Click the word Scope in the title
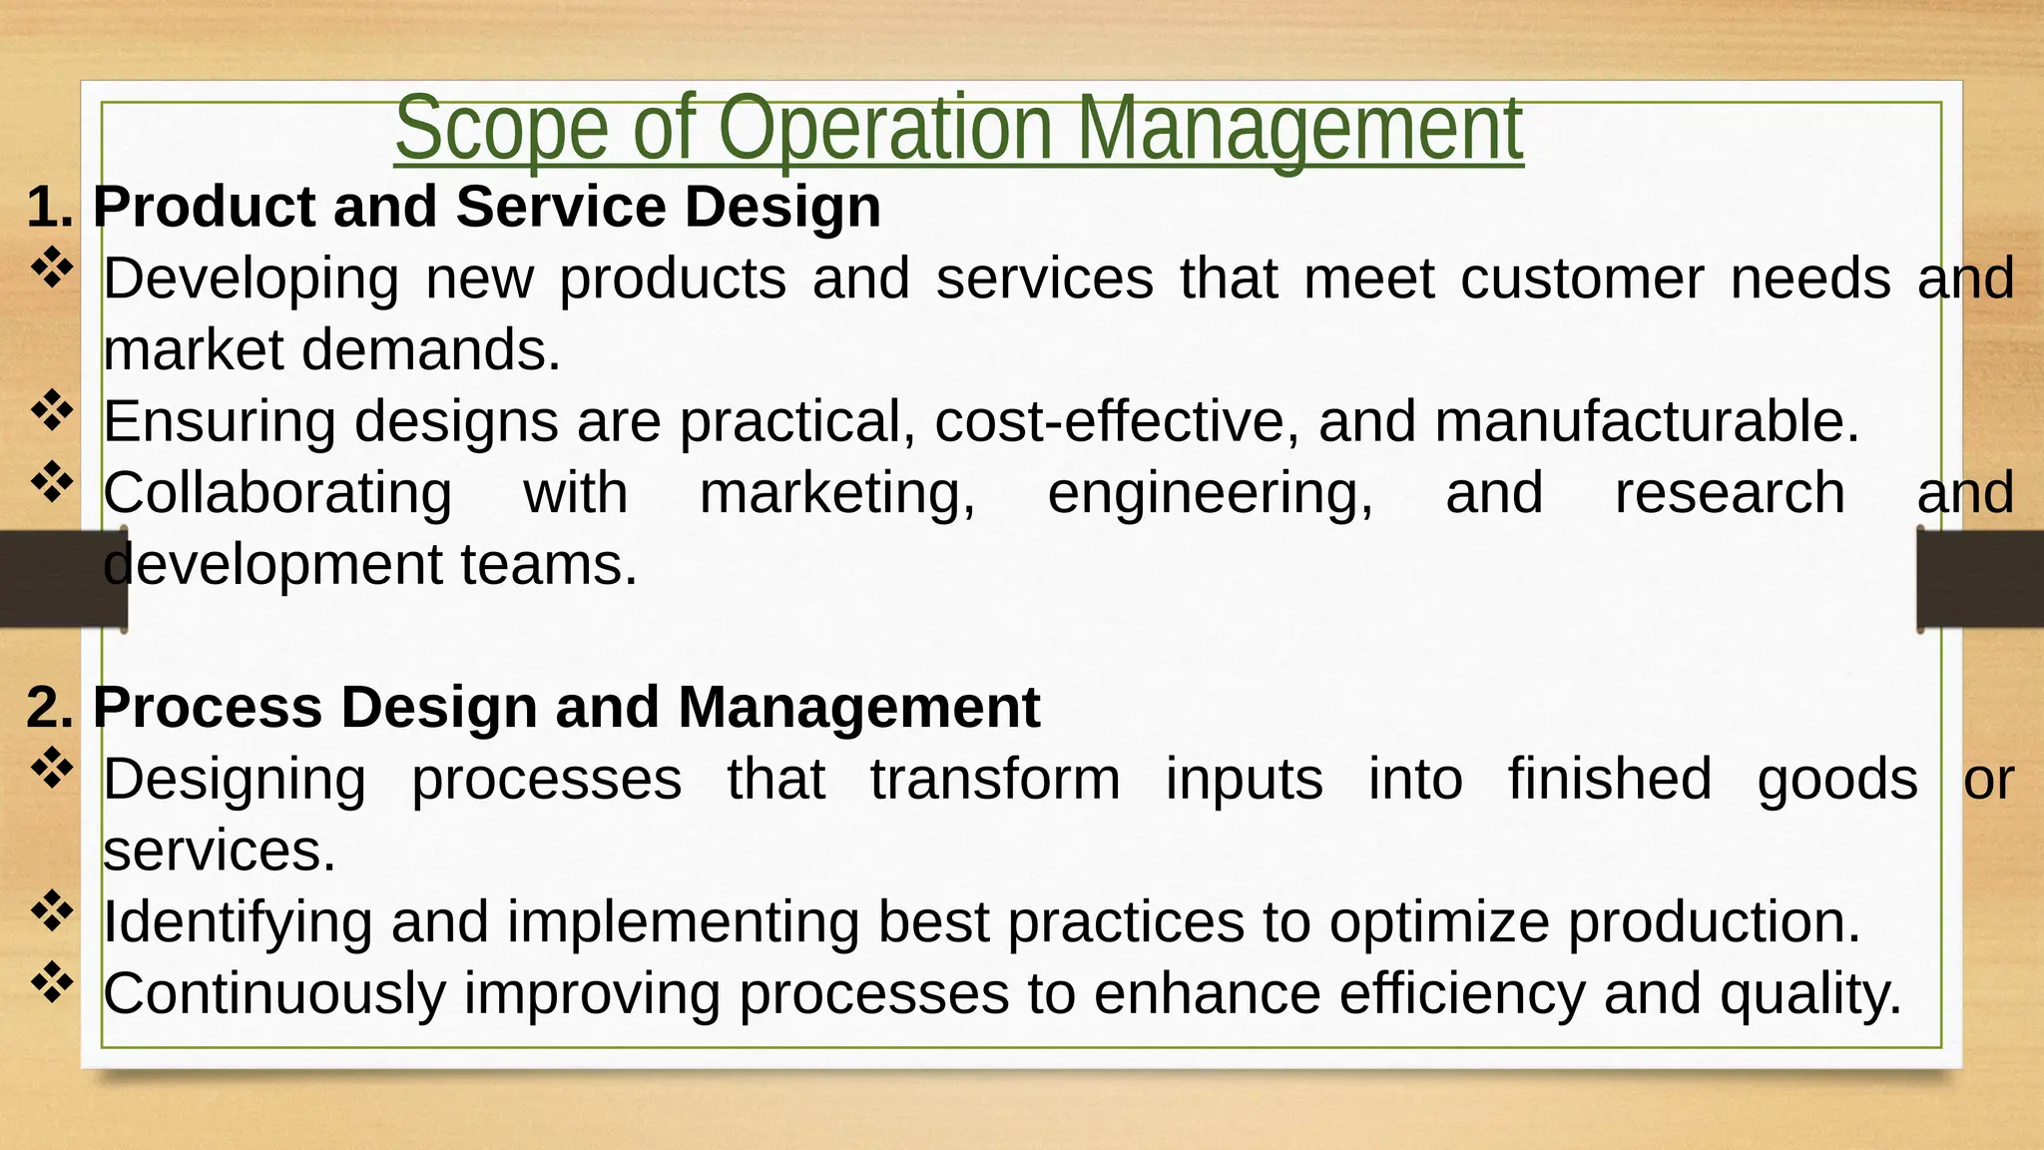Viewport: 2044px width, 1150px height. pos(501,130)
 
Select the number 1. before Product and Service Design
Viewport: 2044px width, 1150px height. pos(50,207)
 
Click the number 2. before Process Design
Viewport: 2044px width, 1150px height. pos(50,708)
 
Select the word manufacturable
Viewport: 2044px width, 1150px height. pos(1647,421)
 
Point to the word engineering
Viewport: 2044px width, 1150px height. pos(1210,494)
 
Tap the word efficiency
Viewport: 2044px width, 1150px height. pos(1461,994)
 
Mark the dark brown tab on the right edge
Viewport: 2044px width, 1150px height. pos(1980,579)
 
